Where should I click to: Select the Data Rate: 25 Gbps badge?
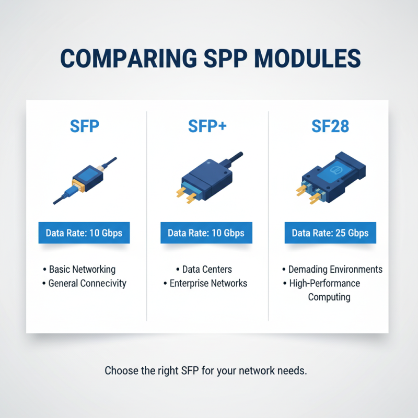coord(330,233)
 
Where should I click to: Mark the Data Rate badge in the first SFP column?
coord(84,233)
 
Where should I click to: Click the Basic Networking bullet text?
coord(82,270)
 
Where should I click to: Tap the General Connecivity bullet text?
coord(87,283)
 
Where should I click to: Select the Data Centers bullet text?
coord(207,270)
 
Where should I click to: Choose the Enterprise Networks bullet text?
coord(208,283)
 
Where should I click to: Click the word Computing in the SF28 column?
coord(329,297)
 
